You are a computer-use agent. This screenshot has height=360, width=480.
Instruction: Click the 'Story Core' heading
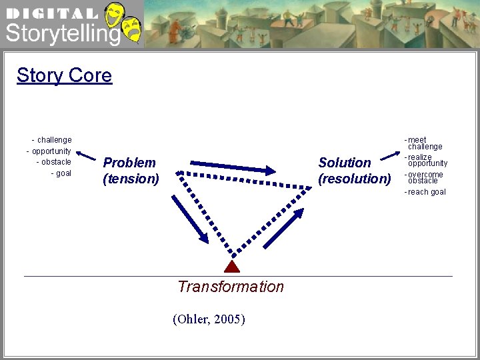pos(64,75)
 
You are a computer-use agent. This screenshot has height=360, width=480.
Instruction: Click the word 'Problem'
pos(129,163)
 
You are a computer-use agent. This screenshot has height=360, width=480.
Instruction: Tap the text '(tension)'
pos(131,179)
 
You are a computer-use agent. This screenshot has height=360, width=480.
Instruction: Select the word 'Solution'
pos(345,163)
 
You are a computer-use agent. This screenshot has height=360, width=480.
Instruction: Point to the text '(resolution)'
pos(355,179)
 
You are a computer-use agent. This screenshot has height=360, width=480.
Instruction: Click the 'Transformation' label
pos(231,287)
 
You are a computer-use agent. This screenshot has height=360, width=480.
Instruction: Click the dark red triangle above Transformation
pos(231,267)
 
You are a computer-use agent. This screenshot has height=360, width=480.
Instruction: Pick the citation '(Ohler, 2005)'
pos(209,319)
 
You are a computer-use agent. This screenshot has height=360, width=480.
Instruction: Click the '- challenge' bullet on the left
pos(52,140)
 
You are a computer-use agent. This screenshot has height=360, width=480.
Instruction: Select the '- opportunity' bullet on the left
pos(49,151)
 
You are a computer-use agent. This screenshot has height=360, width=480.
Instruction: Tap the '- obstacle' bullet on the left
pos(53,162)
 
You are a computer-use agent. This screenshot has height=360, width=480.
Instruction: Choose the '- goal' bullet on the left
pos(61,173)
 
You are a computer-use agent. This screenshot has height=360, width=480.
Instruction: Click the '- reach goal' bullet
pos(425,192)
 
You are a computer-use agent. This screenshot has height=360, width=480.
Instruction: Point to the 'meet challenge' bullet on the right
pos(424,143)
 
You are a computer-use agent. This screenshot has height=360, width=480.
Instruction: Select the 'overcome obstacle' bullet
pos(424,177)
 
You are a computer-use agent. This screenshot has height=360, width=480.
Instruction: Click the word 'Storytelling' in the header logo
pos(62,33)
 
